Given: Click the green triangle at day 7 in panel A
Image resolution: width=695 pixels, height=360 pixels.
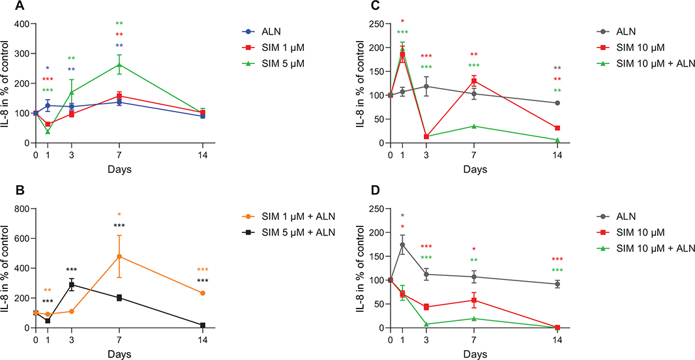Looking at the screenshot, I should tap(119, 65).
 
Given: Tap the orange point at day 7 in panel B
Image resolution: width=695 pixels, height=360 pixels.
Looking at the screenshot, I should tap(119, 256).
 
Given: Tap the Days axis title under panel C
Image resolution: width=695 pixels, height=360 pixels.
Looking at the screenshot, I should tap(474, 168).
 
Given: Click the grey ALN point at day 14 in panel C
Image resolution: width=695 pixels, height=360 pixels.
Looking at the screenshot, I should tap(557, 103).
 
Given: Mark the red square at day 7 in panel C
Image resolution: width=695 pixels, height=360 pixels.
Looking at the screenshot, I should tap(474, 82).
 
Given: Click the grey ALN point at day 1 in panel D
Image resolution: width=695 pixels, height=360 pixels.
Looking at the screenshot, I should tap(402, 245).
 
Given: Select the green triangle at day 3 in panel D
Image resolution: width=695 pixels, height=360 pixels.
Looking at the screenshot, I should tap(426, 324).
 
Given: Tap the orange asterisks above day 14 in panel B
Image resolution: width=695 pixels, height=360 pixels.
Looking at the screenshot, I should tap(203, 269).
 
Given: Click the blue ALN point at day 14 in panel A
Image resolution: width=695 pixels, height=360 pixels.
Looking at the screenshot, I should tap(203, 116).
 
